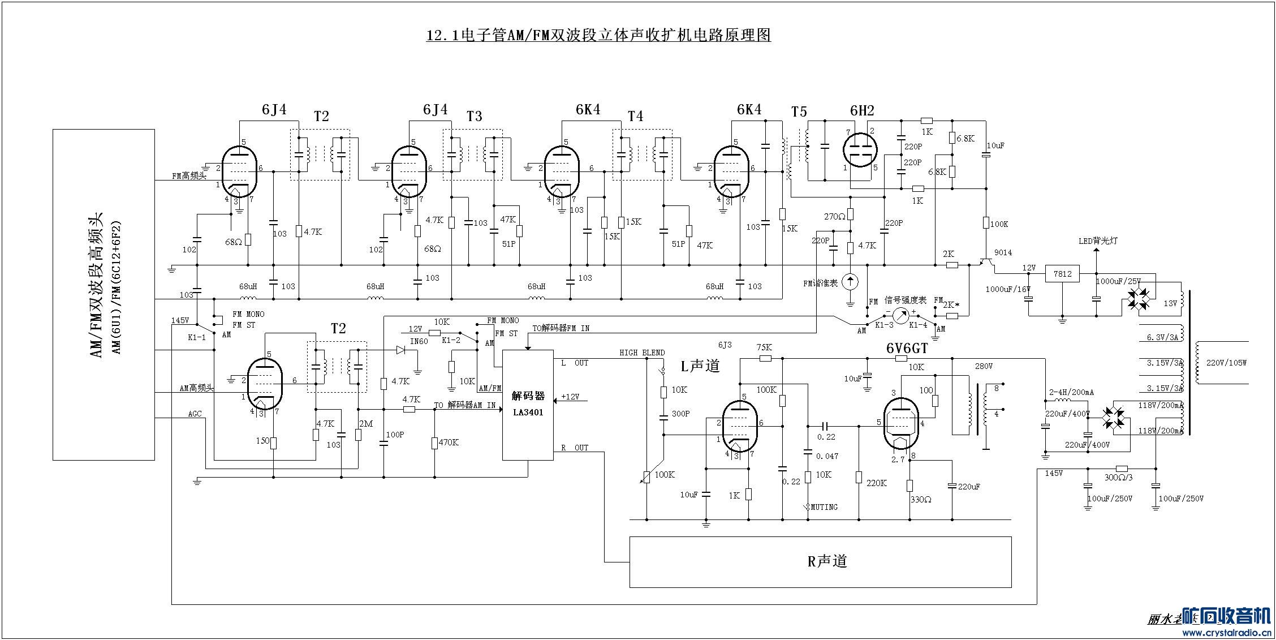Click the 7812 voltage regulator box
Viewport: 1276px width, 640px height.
1062,274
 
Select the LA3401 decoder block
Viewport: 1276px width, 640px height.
528,405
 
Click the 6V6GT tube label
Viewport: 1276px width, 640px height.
907,349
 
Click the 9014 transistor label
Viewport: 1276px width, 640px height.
1003,253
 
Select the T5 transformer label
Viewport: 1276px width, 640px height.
799,112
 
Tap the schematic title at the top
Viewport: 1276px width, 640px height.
598,36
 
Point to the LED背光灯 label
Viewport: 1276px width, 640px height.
1097,241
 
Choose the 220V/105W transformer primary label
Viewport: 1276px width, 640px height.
1226,363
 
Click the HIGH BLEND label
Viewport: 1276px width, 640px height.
642,353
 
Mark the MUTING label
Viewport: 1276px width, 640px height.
824,507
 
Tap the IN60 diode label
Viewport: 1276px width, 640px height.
419,341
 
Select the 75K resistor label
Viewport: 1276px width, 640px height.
764,347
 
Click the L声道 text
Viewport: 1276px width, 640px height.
700,366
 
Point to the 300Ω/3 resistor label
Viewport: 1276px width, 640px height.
1118,477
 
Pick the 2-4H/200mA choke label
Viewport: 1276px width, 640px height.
1071,392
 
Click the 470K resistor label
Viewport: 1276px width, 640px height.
448,443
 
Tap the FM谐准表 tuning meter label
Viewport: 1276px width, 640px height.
821,283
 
